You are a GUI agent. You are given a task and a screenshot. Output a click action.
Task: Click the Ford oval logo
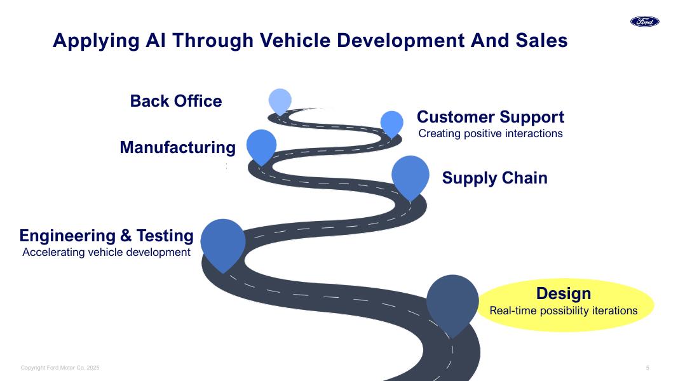click(x=645, y=22)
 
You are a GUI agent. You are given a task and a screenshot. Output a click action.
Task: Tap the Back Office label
click(x=176, y=101)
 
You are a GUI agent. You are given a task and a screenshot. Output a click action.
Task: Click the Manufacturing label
click(x=178, y=147)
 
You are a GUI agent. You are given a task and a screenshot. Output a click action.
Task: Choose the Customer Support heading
click(x=491, y=117)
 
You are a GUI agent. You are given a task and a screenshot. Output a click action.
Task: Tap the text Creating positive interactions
click(x=491, y=133)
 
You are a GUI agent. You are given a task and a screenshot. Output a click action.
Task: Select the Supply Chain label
click(x=494, y=178)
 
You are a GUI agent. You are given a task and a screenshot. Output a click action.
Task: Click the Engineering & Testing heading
click(x=106, y=236)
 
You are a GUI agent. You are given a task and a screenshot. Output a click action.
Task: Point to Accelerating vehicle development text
click(x=106, y=252)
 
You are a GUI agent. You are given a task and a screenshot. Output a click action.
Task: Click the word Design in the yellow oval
click(x=564, y=294)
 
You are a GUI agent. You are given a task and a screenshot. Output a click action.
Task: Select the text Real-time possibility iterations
click(x=564, y=311)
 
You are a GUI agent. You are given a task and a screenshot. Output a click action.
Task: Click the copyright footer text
click(x=60, y=368)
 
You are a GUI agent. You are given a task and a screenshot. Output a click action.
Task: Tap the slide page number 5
click(x=647, y=368)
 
